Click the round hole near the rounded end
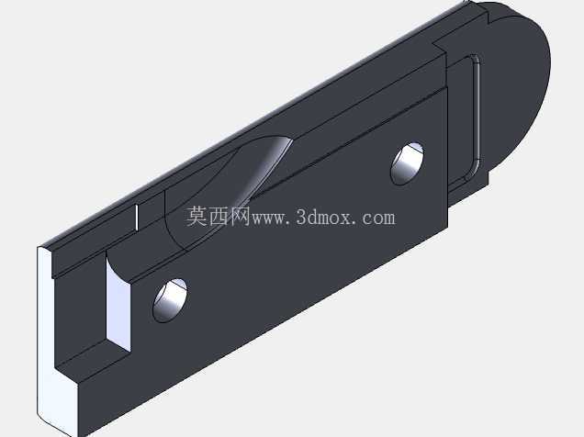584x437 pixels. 407,163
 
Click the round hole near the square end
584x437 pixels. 170,300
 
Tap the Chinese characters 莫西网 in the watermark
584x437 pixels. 219,217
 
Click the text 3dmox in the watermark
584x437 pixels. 323,217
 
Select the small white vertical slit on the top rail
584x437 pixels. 137,217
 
